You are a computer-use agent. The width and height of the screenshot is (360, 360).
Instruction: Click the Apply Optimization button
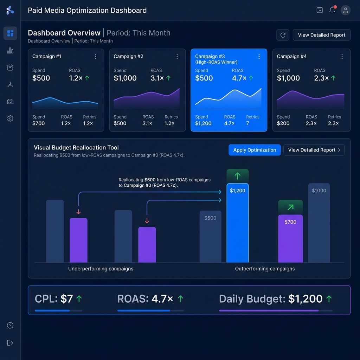(255, 150)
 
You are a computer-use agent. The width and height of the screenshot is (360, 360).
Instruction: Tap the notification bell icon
(332, 10)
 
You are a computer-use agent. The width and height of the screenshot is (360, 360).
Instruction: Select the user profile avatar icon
(346, 10)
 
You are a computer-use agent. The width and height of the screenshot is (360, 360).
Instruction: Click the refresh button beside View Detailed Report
(283, 35)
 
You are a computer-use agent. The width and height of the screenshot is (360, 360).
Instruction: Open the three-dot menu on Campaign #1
(96, 57)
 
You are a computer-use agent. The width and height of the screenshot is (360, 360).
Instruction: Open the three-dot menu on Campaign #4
(342, 57)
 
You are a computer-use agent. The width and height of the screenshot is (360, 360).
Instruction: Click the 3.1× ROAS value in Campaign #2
(157, 78)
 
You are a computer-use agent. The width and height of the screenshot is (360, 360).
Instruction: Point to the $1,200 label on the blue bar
(238, 191)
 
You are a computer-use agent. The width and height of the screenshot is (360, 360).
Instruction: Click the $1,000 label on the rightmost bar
(319, 191)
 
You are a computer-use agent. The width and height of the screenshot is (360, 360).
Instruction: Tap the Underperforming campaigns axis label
(101, 269)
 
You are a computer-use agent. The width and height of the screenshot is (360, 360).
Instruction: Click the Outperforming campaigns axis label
(265, 269)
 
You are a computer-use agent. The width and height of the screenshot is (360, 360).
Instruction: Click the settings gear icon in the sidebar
(10, 118)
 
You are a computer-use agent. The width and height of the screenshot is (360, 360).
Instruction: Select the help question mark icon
(10, 326)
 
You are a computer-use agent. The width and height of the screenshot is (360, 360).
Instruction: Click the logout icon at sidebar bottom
(10, 343)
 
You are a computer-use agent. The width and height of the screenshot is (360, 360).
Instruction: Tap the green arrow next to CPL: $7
(79, 299)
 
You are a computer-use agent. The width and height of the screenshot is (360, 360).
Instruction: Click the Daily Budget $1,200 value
(305, 299)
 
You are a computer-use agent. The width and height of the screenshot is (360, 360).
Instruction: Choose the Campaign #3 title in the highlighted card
(210, 56)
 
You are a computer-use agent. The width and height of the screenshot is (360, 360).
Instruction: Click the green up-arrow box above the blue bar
(238, 176)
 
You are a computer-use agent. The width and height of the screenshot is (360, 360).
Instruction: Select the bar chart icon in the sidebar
(10, 51)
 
